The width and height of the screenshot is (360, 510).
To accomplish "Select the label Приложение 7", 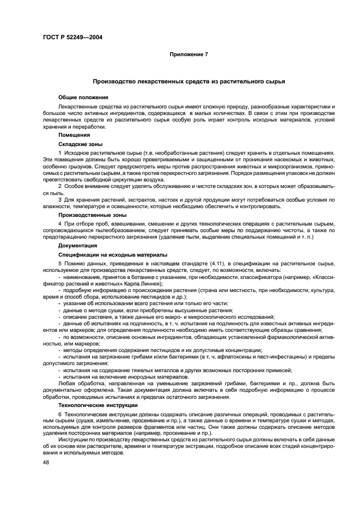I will [x=188, y=54].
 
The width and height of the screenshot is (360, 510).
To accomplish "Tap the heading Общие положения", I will [x=79, y=97].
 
